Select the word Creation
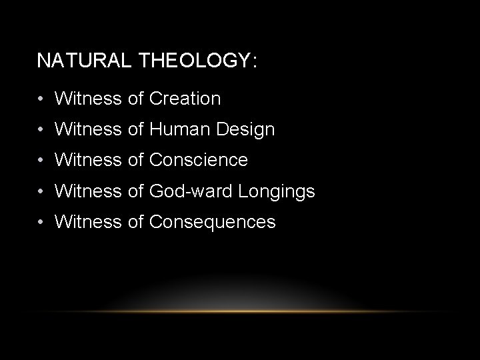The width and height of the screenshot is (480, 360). [185, 99]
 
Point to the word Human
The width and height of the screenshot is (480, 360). [175, 129]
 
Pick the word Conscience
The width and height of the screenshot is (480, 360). [199, 160]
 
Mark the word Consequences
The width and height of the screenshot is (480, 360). [213, 222]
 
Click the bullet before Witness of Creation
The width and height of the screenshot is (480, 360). [41, 99]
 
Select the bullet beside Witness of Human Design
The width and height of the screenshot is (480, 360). [41, 130]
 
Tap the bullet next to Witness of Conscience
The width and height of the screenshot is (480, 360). [41, 161]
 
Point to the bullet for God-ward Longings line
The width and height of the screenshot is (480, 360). [41, 192]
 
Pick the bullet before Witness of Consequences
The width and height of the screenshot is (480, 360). [41, 223]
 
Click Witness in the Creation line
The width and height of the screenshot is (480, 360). [88, 99]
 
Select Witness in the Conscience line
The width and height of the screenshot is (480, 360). [88, 160]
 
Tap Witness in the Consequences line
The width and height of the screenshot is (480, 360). [88, 222]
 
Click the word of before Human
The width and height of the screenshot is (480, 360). [135, 129]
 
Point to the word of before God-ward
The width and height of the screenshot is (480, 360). [135, 191]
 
